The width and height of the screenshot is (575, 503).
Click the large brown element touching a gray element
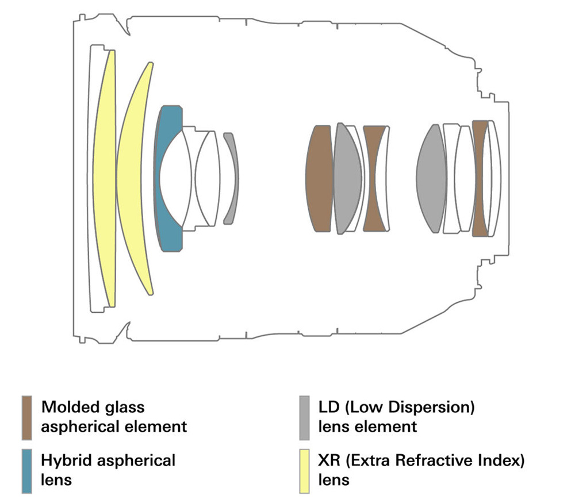[319, 178]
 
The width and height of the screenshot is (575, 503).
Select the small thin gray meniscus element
[231, 178]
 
